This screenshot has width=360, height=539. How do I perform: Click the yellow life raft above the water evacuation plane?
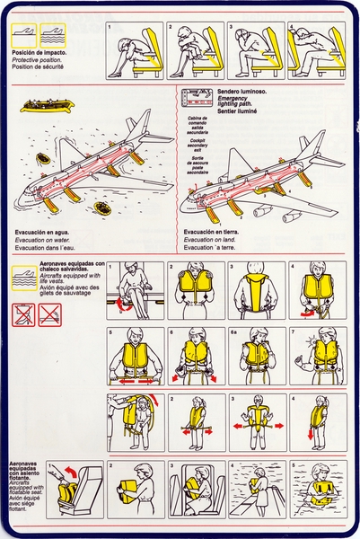[x=44, y=106]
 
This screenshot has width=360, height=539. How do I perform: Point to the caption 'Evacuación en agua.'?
[x=44, y=234]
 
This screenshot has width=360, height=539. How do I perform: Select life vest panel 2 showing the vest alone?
[x=196, y=292]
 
